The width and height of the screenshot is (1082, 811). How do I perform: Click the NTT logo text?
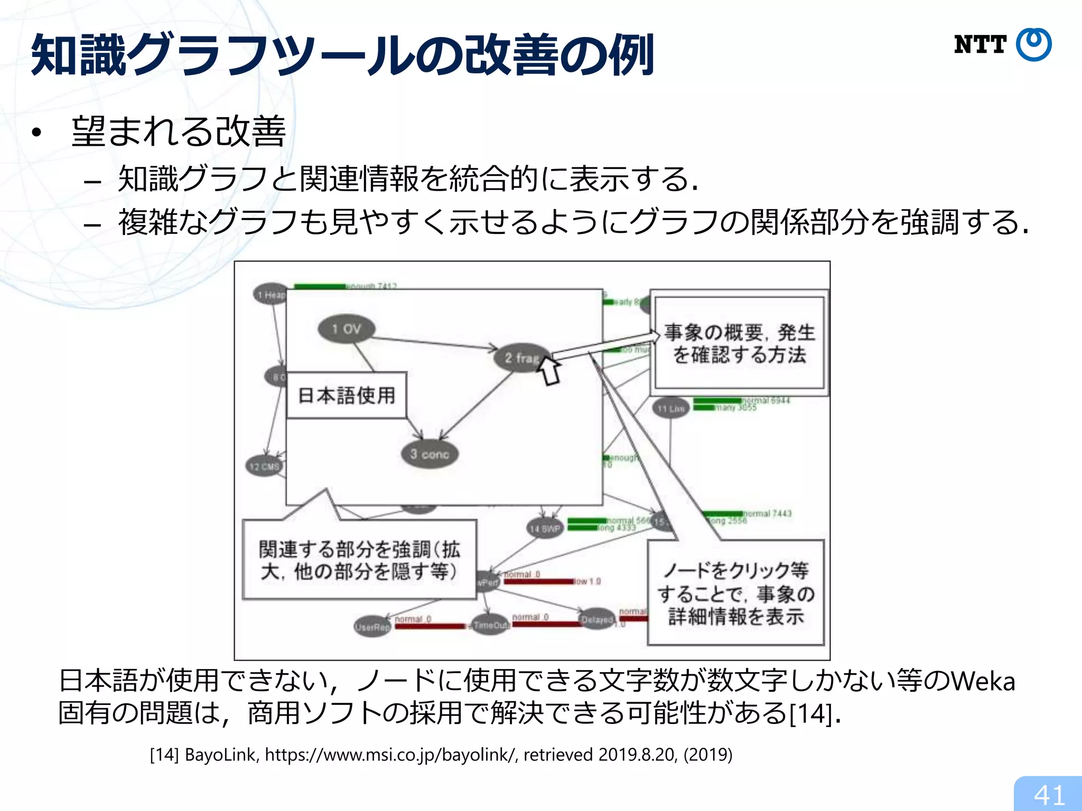coord(980,45)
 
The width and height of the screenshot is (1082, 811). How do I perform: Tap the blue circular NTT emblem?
coord(1034,45)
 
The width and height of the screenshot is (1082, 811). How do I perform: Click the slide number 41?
coord(1049,795)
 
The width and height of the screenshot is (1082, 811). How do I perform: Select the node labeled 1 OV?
coord(347,329)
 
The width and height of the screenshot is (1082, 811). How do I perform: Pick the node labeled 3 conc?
coord(430,454)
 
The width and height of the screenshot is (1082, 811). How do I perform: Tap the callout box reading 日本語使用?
coord(347,395)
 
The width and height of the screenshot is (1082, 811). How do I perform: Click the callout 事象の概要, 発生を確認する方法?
coord(739,343)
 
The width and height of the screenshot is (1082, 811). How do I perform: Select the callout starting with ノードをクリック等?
coord(736,592)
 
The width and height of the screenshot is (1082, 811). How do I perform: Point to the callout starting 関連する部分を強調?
coord(359,560)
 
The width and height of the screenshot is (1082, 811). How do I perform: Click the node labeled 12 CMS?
coord(264,466)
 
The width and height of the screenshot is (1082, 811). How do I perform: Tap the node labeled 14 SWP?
coord(545,528)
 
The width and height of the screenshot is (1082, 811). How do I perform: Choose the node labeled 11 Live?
coord(670,408)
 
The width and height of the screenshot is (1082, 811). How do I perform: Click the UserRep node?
coord(372,627)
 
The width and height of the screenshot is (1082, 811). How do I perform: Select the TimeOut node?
coord(491,625)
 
